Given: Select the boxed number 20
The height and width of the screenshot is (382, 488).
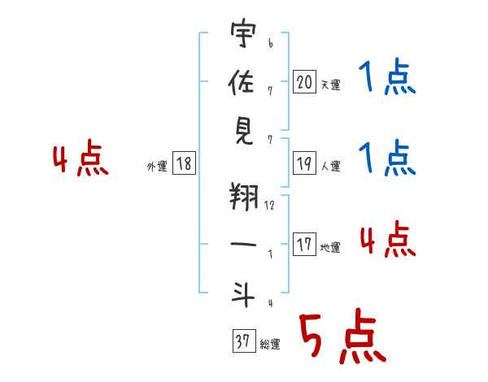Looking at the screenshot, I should [304, 81].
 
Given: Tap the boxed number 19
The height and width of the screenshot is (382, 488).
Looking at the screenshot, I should [304, 163].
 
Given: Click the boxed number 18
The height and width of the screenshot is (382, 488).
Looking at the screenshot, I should [184, 164].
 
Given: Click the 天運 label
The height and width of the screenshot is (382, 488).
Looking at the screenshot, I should [330, 85].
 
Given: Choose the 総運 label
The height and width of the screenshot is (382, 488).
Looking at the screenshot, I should [270, 345].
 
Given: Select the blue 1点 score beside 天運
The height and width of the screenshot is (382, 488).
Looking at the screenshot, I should [386, 78].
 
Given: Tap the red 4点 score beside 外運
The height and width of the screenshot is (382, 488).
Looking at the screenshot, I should [79, 159].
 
